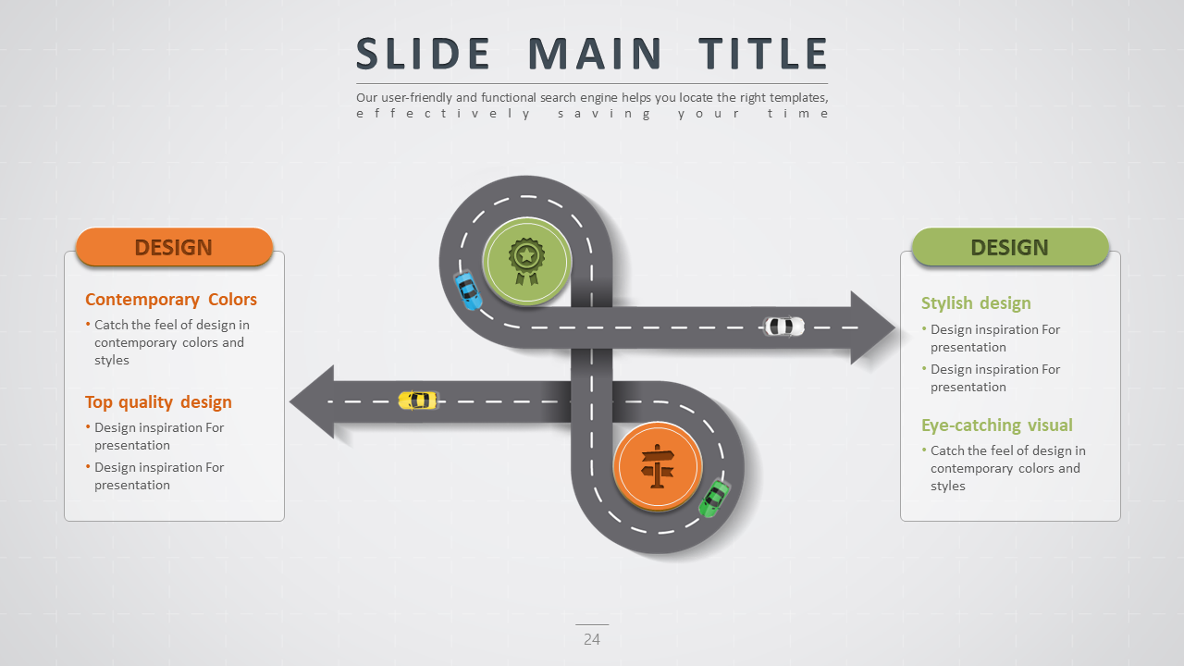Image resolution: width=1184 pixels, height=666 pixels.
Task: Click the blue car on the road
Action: (468, 290)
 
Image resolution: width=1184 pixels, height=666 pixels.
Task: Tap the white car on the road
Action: (783, 327)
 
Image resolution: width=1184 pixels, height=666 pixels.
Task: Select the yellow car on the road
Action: (418, 400)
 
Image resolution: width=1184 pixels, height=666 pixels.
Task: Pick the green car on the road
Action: (713, 499)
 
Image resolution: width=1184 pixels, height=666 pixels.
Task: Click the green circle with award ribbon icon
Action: (526, 261)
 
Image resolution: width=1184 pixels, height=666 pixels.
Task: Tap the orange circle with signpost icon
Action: (658, 465)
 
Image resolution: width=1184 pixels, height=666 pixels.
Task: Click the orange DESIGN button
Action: (174, 248)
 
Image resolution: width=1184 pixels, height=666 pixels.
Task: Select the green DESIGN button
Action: (1009, 248)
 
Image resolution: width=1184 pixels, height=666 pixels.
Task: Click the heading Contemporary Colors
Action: (171, 300)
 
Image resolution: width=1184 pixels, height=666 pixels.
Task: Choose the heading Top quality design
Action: (158, 402)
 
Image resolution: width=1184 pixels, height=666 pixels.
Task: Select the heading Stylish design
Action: (976, 303)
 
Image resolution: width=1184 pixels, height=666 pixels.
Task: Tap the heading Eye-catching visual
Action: (997, 425)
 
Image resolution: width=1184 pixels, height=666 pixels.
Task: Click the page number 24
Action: (592, 639)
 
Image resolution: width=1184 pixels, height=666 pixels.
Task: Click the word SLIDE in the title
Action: (423, 54)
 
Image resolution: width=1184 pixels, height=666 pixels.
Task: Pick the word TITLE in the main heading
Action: (763, 54)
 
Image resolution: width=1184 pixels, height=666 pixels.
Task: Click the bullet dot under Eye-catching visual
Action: (925, 450)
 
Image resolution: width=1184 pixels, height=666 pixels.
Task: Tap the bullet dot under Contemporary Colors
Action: (89, 324)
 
